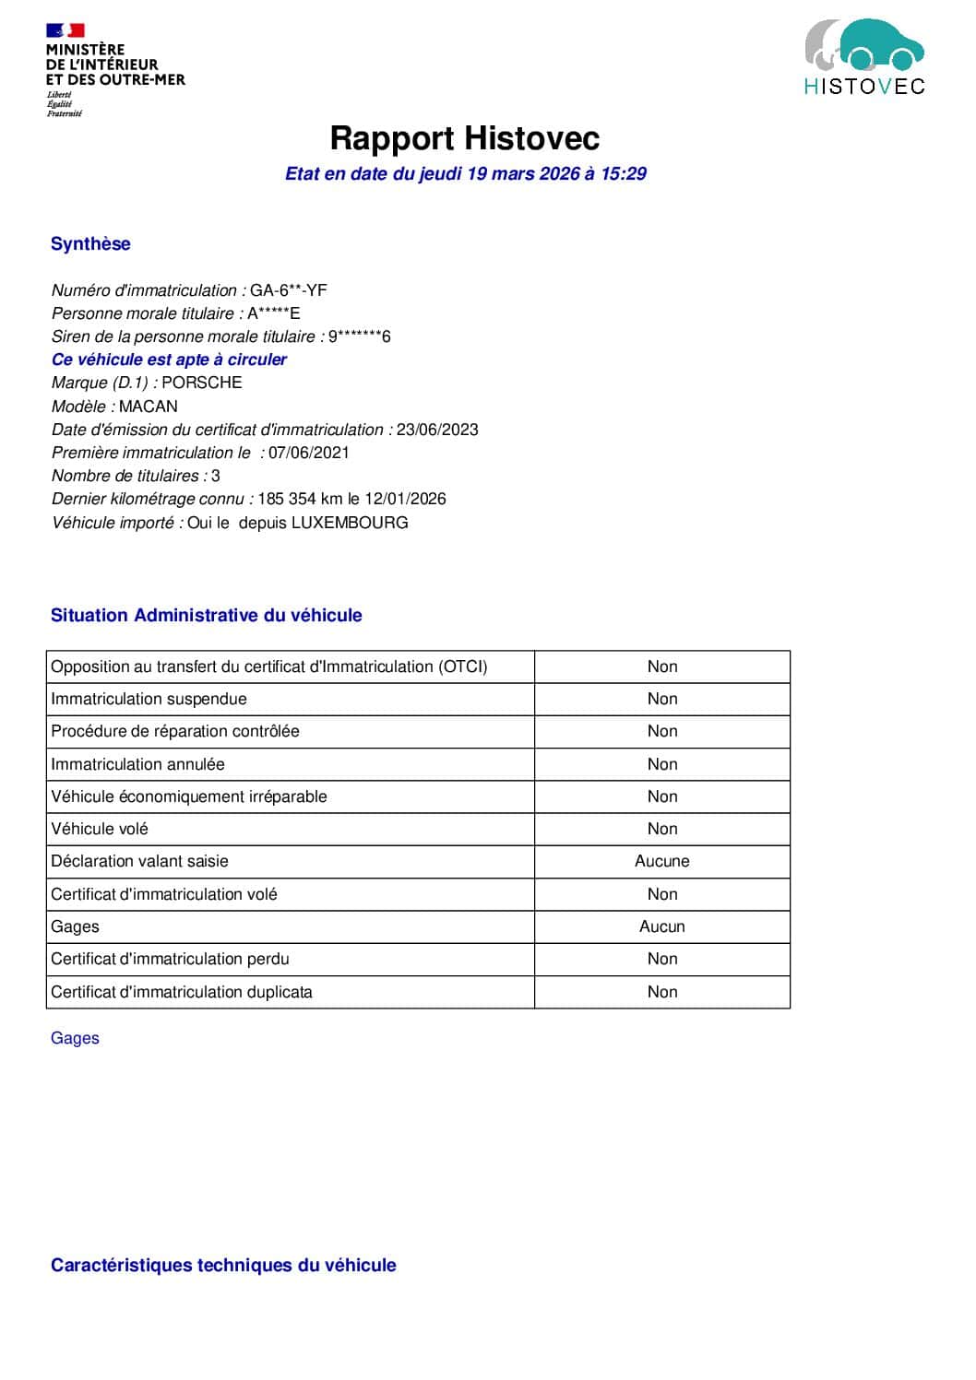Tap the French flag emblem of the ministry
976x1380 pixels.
(65, 30)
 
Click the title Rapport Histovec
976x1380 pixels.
(465, 138)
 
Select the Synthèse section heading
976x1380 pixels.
(90, 243)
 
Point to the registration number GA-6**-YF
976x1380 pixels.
(289, 290)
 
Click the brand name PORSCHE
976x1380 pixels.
(202, 383)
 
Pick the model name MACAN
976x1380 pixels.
(149, 407)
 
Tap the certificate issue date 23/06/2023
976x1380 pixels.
(437, 430)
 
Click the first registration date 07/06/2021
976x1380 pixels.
(309, 453)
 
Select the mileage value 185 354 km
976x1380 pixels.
(300, 499)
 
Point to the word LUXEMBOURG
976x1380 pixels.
(350, 523)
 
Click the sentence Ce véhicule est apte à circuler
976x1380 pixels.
(169, 360)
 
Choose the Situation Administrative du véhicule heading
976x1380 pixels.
(207, 615)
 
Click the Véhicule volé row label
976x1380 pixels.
(100, 829)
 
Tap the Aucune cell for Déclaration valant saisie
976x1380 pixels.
(661, 861)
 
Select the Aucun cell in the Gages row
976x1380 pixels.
(661, 926)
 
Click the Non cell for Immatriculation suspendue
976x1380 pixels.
(661, 699)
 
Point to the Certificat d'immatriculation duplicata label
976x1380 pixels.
(182, 992)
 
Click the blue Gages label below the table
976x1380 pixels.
(75, 1038)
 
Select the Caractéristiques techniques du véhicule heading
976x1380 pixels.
(223, 1265)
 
